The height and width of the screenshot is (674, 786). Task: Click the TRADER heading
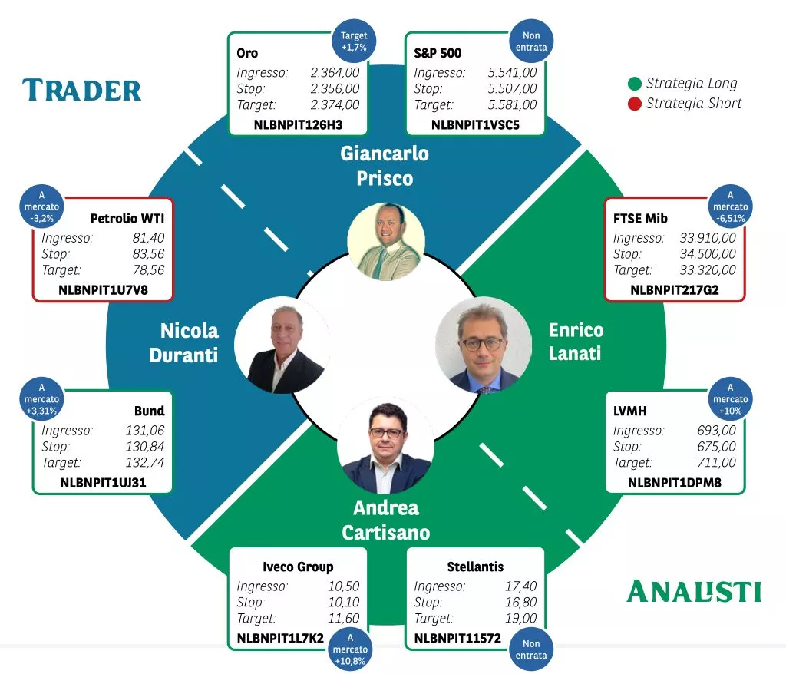pos(81,90)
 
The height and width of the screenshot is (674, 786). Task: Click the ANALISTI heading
pos(694,592)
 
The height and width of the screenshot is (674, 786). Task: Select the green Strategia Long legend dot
pos(635,84)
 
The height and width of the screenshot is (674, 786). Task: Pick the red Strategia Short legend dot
pos(635,103)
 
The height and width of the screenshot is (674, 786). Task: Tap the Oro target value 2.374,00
pos(335,105)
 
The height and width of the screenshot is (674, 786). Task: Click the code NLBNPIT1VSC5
pos(475,124)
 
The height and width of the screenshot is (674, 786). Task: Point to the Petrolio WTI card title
pos(127,219)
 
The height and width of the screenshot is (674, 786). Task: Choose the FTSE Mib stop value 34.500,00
pos(707,254)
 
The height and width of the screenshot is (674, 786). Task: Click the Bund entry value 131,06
pos(145,431)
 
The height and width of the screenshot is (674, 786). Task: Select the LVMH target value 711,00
pos(716,463)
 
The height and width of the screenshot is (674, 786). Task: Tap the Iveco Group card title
pos(298,567)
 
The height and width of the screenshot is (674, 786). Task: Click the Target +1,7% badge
pos(354,41)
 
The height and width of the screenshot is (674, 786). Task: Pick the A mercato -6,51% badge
pos(730,206)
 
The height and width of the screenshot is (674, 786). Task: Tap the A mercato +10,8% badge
pos(350,649)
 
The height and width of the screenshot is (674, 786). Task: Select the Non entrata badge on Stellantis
pos(531,649)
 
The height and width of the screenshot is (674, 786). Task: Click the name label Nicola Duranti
pos(189,342)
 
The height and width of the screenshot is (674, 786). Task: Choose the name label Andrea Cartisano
pos(386,520)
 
